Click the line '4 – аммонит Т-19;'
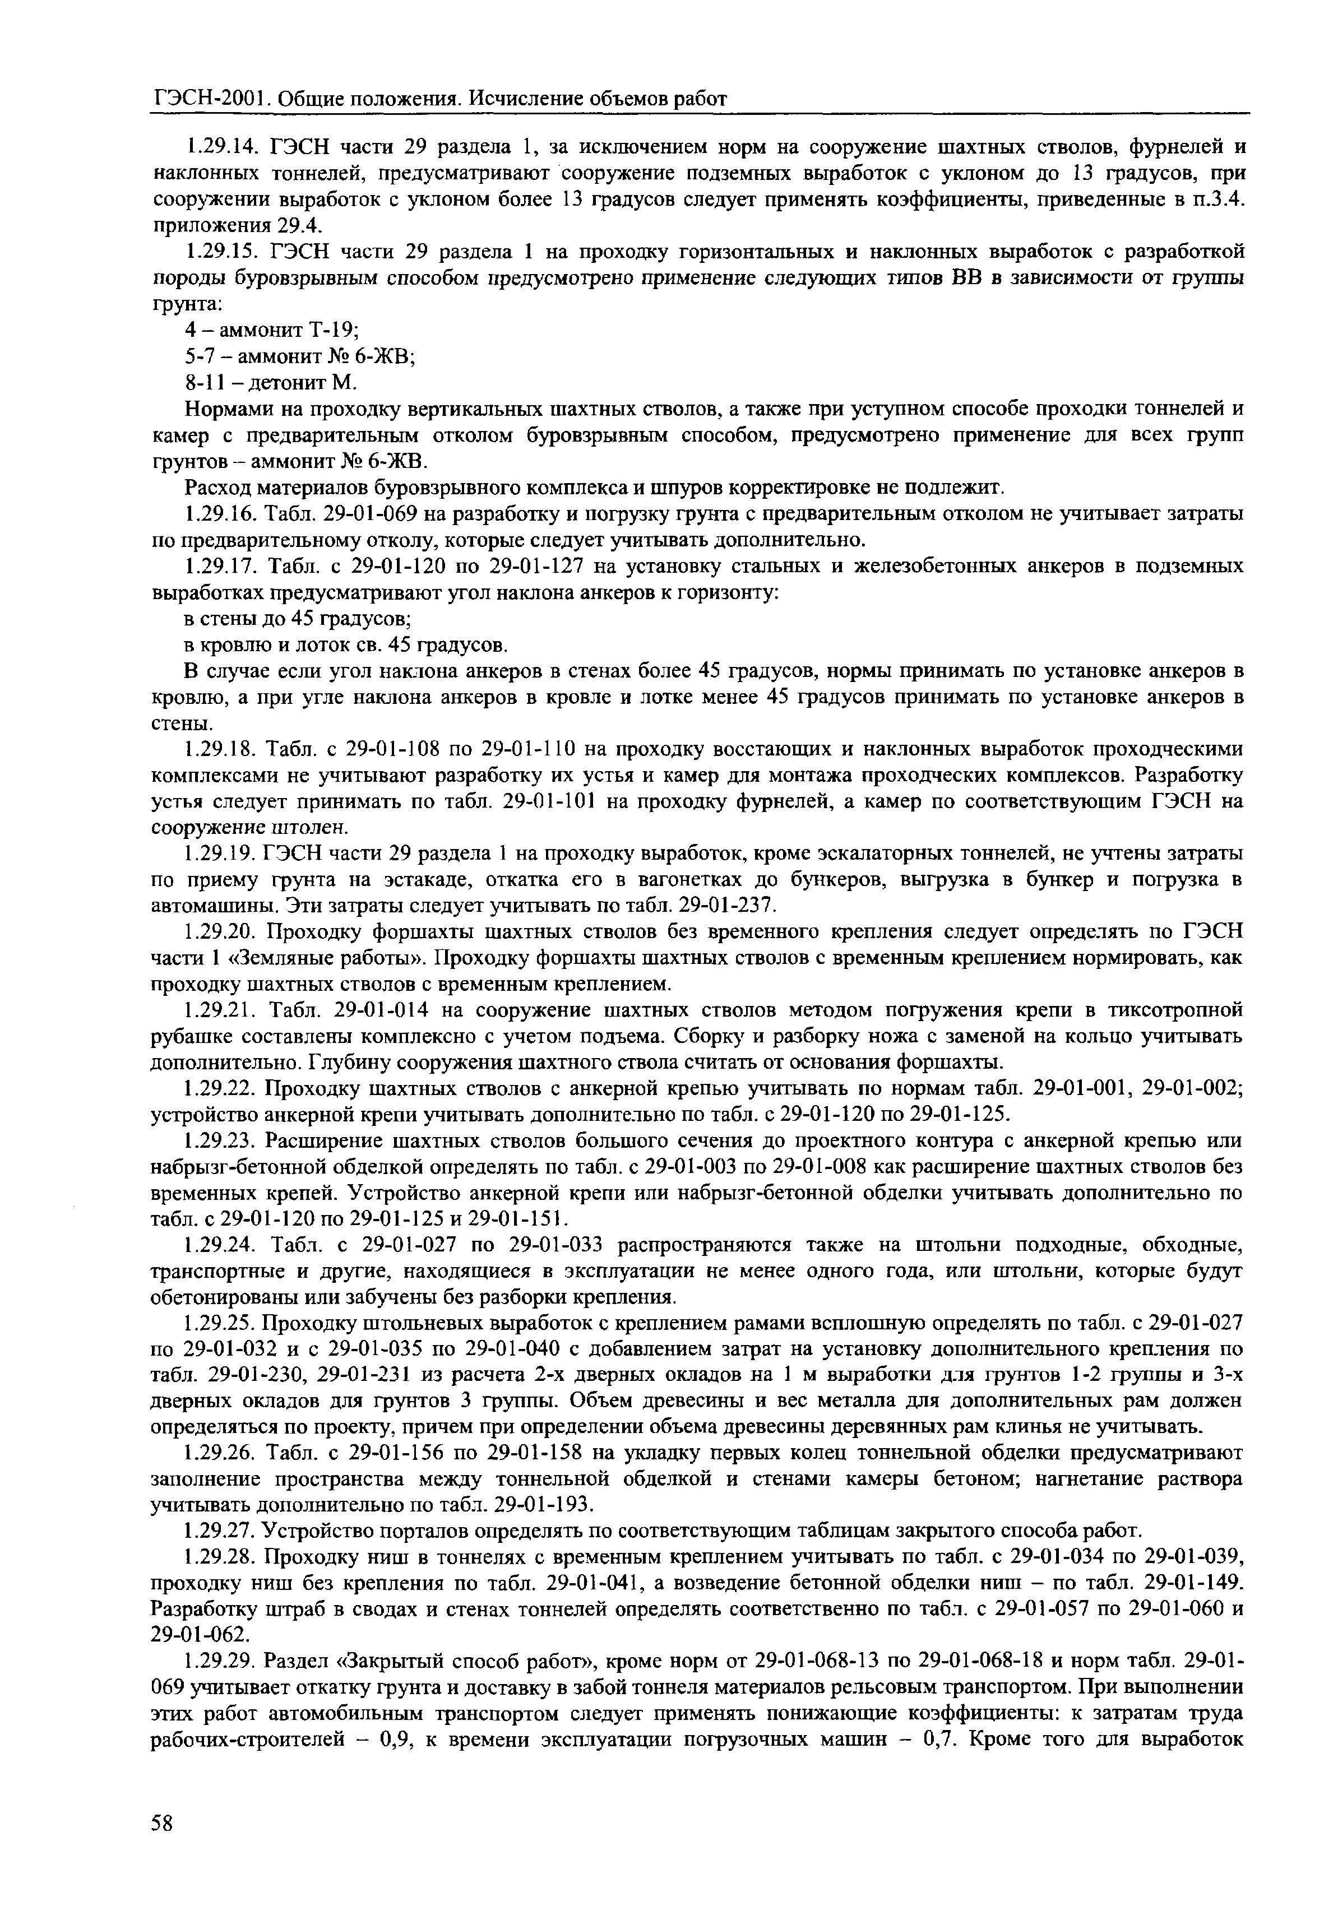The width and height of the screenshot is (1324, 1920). pyautogui.click(x=271, y=330)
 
